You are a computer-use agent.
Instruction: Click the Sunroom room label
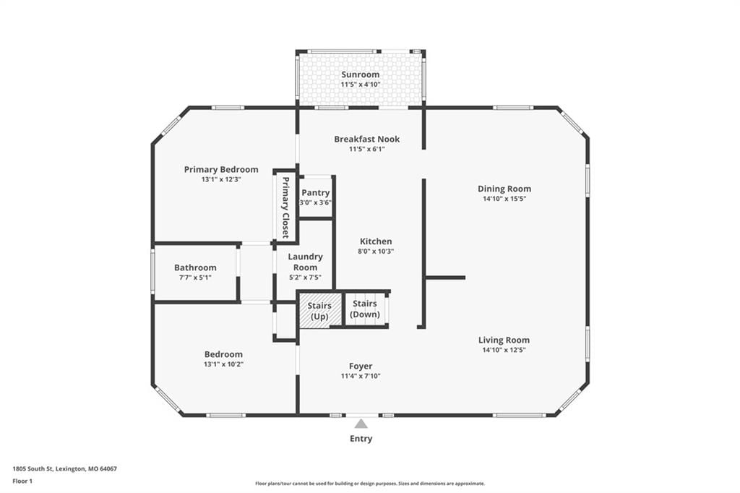[x=360, y=74]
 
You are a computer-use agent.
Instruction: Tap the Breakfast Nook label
[x=366, y=140]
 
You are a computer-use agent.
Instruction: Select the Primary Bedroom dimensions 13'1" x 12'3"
[x=221, y=179]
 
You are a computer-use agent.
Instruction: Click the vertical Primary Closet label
[x=285, y=207]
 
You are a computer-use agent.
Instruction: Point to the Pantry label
[x=315, y=193]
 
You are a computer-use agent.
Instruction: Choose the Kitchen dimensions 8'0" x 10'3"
[x=376, y=252]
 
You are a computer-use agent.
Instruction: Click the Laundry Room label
[x=306, y=262]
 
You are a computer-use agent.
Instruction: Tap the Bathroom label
[x=195, y=267]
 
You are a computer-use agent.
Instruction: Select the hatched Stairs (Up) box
[x=319, y=310]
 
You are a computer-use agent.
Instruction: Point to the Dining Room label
[x=504, y=189]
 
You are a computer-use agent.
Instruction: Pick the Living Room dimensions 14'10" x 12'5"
[x=504, y=350]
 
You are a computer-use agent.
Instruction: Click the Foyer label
[x=361, y=366]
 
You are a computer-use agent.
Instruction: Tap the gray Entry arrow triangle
[x=361, y=423]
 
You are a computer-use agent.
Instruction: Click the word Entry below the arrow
[x=361, y=439]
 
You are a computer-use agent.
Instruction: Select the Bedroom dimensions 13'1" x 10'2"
[x=224, y=364]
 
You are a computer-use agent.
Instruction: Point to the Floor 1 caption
[x=22, y=481]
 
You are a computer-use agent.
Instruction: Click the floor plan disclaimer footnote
[x=370, y=484]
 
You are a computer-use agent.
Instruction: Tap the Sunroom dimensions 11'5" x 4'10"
[x=361, y=85]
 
